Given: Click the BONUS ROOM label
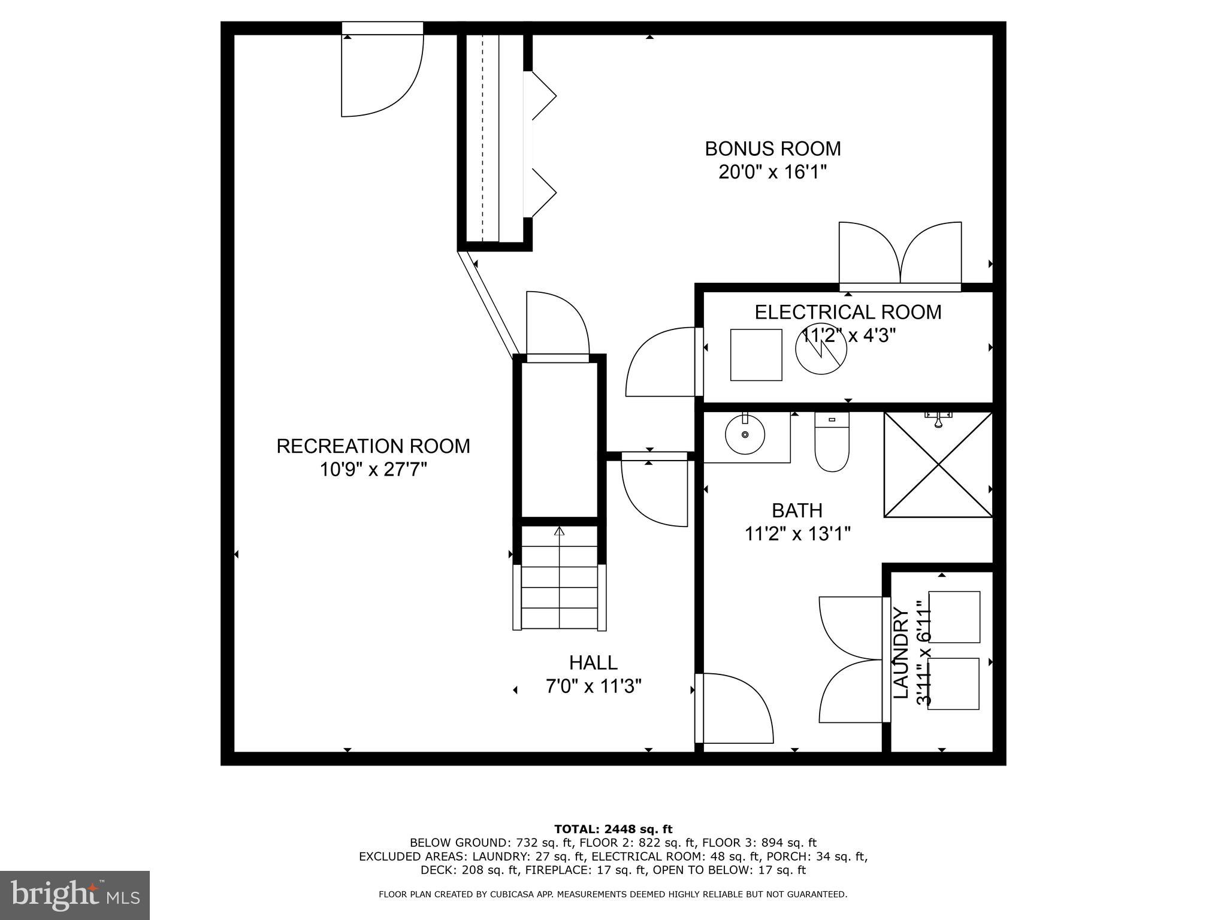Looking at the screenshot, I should click(772, 149).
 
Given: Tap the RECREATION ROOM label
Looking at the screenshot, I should click(373, 446).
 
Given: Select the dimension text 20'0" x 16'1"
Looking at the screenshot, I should click(772, 172).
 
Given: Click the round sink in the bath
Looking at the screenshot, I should click(745, 434).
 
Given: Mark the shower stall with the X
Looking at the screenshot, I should click(938, 464).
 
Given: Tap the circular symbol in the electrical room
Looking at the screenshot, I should click(821, 350).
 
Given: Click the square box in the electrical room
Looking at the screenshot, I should click(756, 355).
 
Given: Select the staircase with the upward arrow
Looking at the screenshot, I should click(560, 578).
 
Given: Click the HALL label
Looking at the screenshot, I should click(593, 662).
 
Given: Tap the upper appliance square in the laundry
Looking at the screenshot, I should click(954, 617).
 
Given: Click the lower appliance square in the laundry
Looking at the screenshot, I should click(953, 683).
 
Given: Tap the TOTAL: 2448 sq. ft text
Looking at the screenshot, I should click(613, 829).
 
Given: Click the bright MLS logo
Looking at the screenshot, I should click(74, 895).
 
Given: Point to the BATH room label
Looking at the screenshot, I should click(797, 510).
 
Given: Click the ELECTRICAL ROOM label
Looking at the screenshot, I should click(847, 312).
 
